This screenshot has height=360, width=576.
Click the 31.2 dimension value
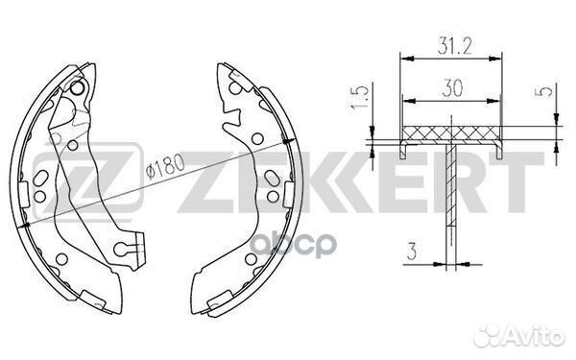[454, 46]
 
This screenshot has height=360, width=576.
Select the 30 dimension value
[452, 88]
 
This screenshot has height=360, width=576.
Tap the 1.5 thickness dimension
[359, 97]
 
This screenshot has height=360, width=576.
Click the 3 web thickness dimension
[412, 252]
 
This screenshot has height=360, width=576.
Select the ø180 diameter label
[165, 166]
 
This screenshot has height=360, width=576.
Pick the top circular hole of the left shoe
[77, 88]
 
